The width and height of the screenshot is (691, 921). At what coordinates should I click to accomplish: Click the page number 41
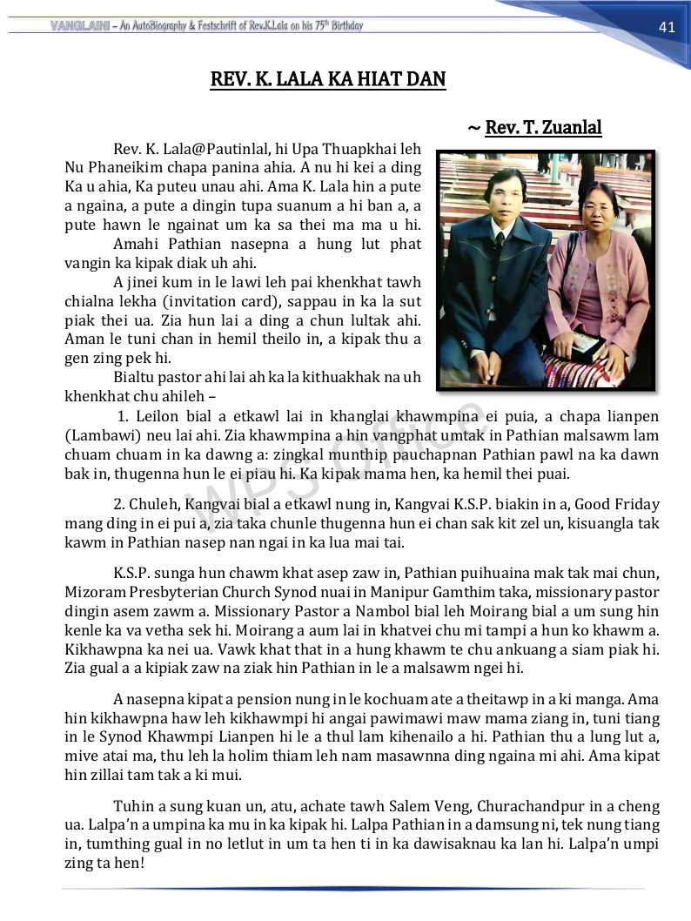[x=667, y=27]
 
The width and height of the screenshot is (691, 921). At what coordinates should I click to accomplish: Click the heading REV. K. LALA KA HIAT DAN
[x=328, y=80]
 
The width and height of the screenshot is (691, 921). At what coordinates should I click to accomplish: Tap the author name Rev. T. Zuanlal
[x=543, y=128]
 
